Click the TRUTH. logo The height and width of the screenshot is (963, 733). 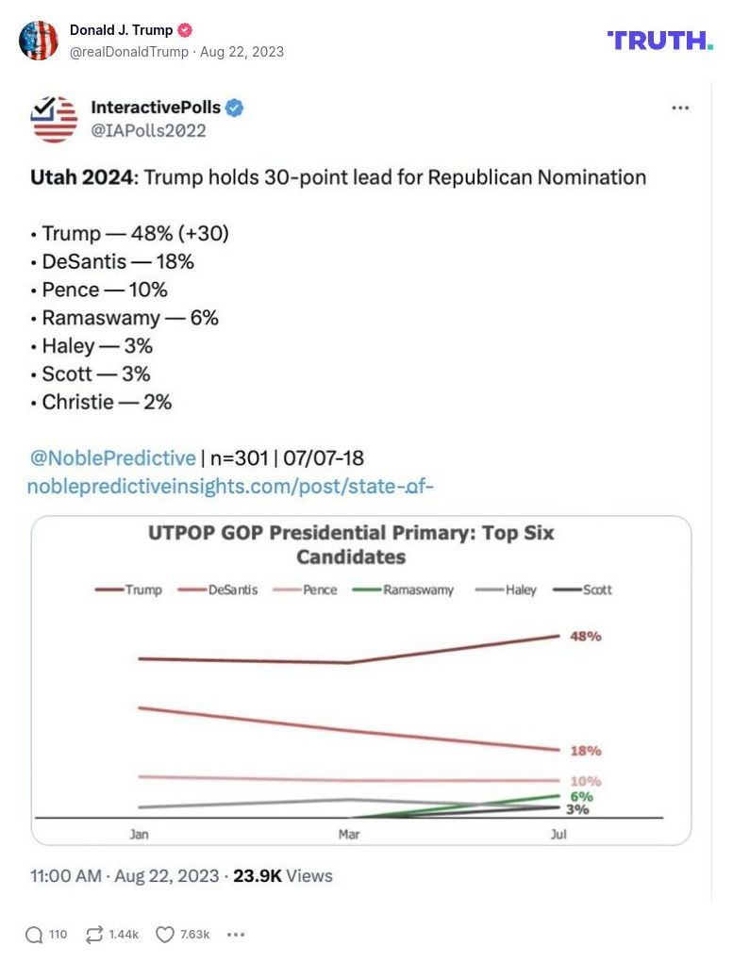pyautogui.click(x=660, y=40)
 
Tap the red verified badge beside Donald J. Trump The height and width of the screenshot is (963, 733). pyautogui.click(x=185, y=30)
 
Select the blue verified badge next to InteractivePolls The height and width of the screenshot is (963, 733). pyautogui.click(x=235, y=108)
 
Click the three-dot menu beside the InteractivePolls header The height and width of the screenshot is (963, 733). pyautogui.click(x=680, y=108)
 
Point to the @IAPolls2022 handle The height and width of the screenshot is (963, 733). pyautogui.click(x=148, y=131)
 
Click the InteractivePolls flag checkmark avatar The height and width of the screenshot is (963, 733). pyautogui.click(x=54, y=119)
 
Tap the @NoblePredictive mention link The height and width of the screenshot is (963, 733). pyautogui.click(x=113, y=458)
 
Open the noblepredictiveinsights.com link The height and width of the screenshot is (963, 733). pyautogui.click(x=230, y=487)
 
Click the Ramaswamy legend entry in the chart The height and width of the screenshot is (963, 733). pyautogui.click(x=404, y=589)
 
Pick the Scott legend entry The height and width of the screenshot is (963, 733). pyautogui.click(x=582, y=589)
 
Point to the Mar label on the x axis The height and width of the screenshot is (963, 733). pyautogui.click(x=349, y=835)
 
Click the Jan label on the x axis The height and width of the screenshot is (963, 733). pyautogui.click(x=139, y=835)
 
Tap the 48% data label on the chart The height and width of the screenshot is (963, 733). pyautogui.click(x=586, y=637)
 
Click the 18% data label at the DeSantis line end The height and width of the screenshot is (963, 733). pyautogui.click(x=586, y=752)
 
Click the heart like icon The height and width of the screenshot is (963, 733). pyautogui.click(x=165, y=935)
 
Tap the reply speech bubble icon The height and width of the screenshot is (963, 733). pyautogui.click(x=34, y=935)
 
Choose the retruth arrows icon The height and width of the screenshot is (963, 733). pyautogui.click(x=94, y=935)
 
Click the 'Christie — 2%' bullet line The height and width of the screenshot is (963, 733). pyautogui.click(x=107, y=402)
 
